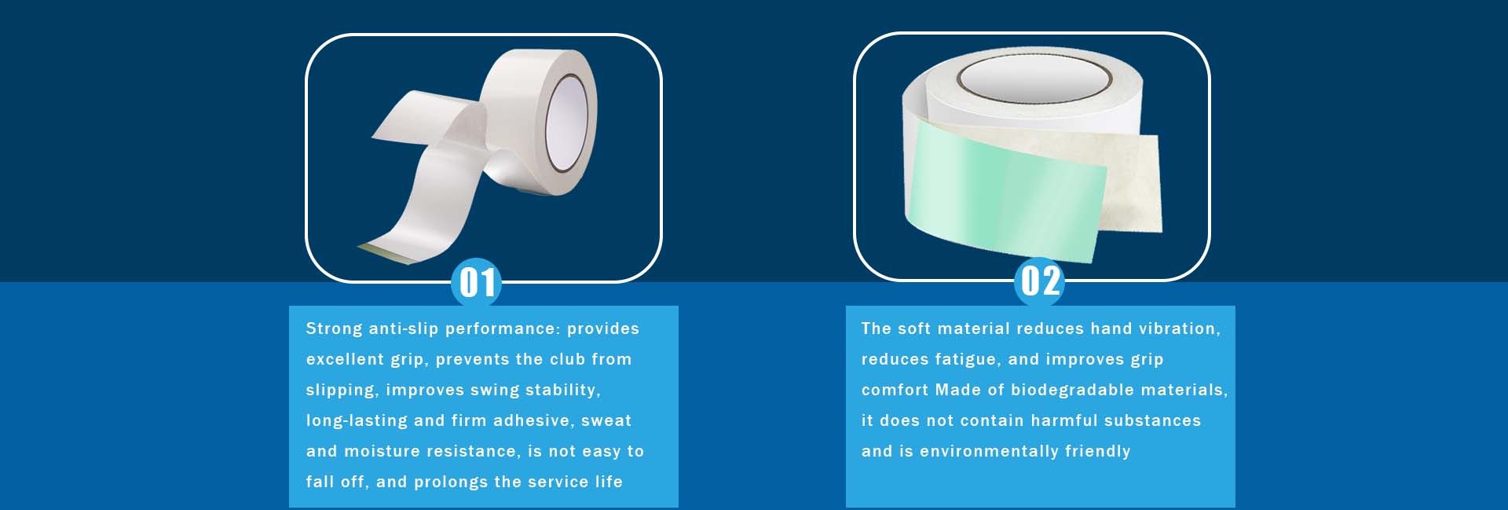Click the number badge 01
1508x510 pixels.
[476, 282]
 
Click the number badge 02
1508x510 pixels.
[1039, 281]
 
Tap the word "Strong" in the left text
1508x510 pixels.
[334, 329]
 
